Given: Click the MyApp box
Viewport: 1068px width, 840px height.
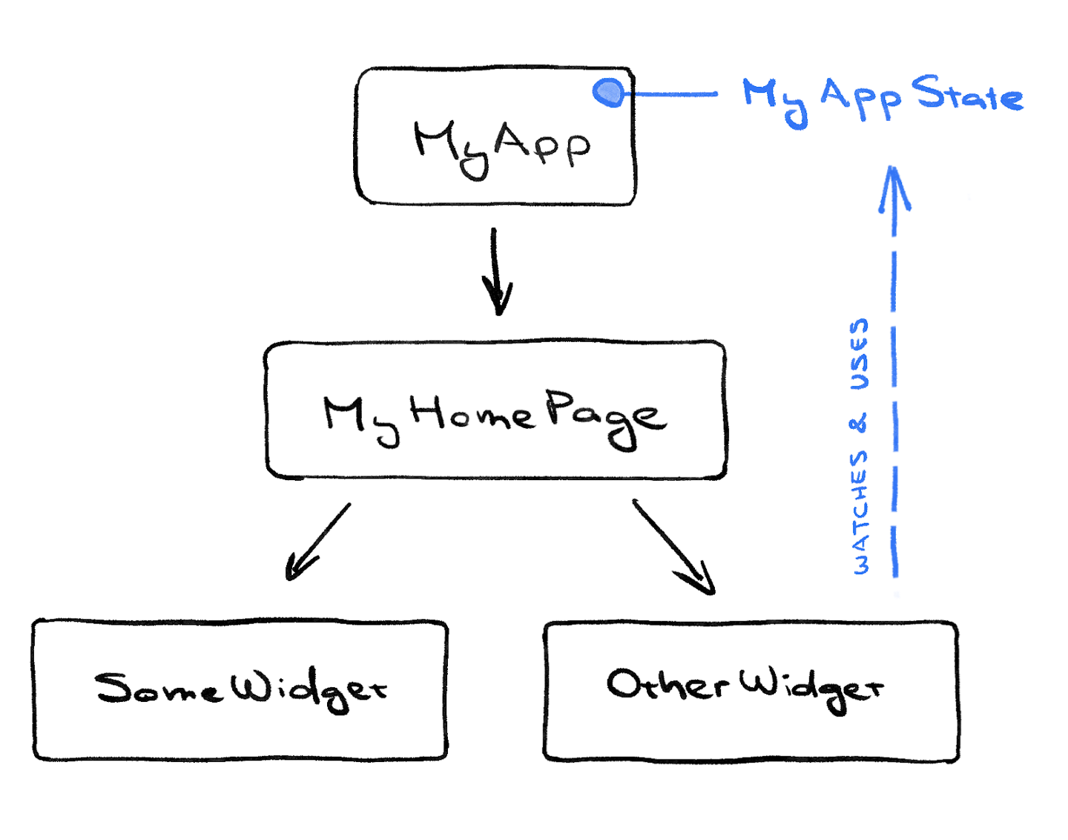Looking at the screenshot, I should pyautogui.click(x=495, y=137).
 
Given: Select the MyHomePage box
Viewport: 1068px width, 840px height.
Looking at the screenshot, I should pyautogui.click(x=495, y=410).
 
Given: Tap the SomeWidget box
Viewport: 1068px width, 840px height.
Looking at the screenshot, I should pyautogui.click(x=240, y=689).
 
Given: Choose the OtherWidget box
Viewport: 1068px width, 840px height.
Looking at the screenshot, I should pyautogui.click(x=751, y=691).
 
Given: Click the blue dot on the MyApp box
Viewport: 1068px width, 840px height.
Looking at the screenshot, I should pyautogui.click(x=610, y=93).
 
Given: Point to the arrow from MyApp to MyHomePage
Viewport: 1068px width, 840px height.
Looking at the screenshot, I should pyautogui.click(x=495, y=271).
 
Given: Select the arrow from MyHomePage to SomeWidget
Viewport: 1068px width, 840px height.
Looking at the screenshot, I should pyautogui.click(x=317, y=542).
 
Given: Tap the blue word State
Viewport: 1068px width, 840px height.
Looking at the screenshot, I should pyautogui.click(x=967, y=94).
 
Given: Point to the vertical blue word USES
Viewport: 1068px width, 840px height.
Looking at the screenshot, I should pyautogui.click(x=859, y=355).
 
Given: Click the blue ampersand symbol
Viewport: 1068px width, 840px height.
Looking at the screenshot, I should pyautogui.click(x=859, y=424).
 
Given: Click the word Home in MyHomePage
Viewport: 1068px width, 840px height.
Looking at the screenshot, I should pyautogui.click(x=471, y=413).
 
